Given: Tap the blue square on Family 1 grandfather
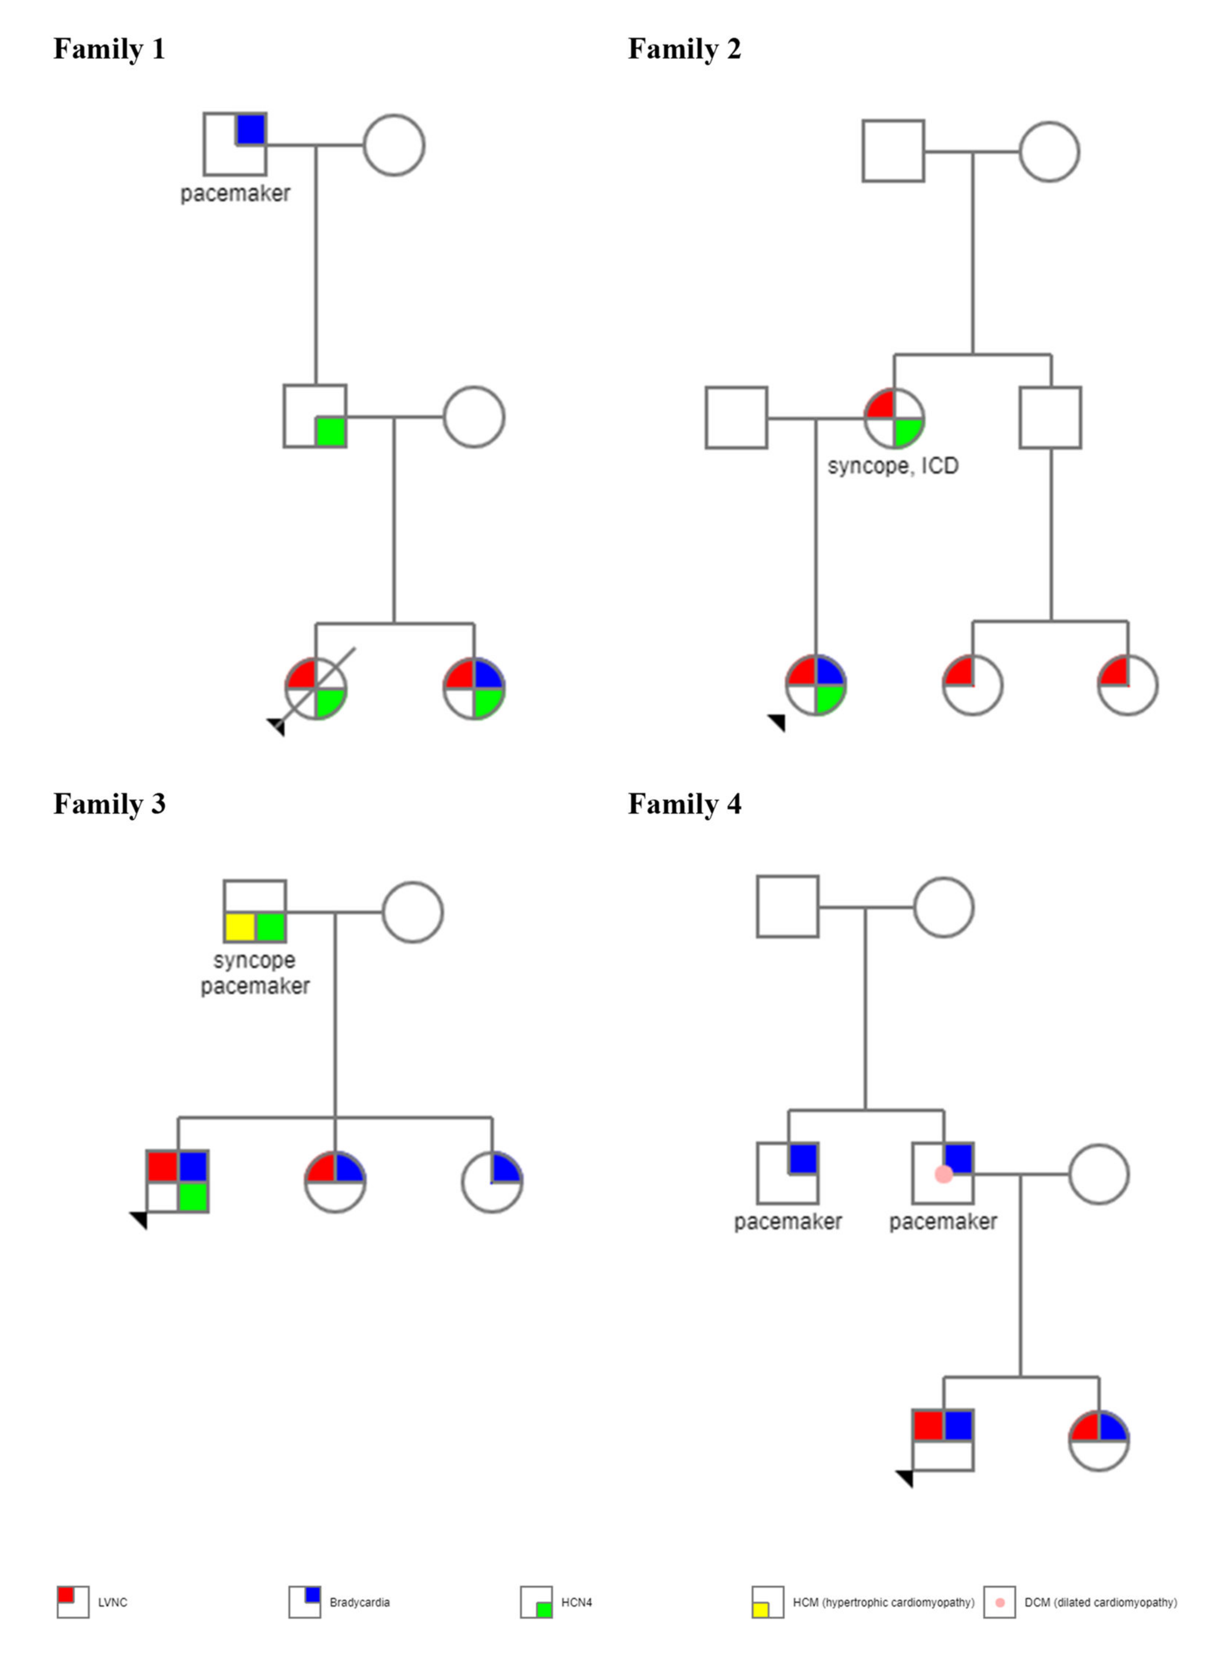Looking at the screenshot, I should tap(250, 129).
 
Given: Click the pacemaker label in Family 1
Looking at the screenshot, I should tap(235, 194).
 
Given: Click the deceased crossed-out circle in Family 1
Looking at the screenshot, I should tap(316, 688).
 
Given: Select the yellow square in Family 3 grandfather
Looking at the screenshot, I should tap(239, 926).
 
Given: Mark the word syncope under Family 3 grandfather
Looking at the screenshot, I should tap(254, 961).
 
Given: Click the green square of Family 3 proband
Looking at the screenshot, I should tap(193, 1196).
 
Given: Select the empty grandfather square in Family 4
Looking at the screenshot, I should tap(787, 907).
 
